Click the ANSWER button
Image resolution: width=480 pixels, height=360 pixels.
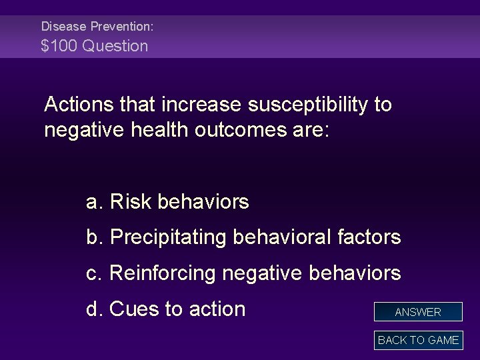[418, 311]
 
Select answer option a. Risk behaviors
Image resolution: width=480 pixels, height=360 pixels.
[167, 201]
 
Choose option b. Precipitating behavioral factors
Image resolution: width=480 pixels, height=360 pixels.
[244, 237]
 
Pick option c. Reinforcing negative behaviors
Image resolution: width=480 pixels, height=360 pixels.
[244, 273]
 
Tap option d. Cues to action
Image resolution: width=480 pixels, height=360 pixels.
[165, 309]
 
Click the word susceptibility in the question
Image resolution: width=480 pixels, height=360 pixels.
[307, 105]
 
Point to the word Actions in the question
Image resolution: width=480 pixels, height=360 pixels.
[79, 104]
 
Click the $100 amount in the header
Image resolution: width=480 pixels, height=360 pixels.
[59, 46]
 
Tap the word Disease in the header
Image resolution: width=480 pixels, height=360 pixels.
[64, 26]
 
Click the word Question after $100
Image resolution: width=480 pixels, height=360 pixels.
[115, 46]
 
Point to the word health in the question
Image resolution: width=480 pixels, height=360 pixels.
[159, 129]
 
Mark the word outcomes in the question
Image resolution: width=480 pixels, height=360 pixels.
[241, 130]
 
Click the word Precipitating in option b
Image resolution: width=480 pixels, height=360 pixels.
[168, 237]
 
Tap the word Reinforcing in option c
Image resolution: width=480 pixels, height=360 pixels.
[163, 273]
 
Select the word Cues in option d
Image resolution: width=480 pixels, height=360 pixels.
[134, 309]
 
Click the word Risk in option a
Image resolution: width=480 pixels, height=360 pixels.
[131, 201]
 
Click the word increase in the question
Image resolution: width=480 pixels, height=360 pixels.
[201, 105]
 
